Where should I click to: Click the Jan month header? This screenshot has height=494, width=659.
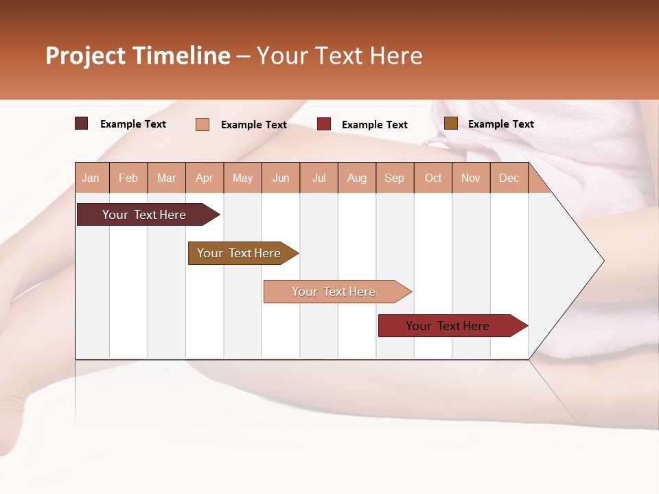tap(91, 178)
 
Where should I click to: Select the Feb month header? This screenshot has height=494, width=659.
tap(128, 178)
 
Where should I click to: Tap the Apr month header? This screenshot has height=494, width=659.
tap(204, 178)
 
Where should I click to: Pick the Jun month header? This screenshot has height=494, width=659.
tap(281, 178)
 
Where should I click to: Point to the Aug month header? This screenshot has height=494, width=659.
tap(356, 178)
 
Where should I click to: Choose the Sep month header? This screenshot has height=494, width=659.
tap(394, 178)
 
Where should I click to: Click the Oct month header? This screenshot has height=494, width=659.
tap(433, 178)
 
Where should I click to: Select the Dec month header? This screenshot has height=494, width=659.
tap(509, 178)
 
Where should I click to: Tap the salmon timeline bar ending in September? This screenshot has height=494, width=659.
tap(334, 292)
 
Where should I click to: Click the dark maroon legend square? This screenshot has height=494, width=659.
tap(82, 123)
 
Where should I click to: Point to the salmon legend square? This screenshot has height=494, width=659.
tap(203, 124)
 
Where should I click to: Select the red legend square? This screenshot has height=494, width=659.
tap(324, 124)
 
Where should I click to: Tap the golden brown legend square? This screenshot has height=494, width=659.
tap(451, 123)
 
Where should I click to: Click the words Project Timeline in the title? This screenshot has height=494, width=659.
tap(137, 56)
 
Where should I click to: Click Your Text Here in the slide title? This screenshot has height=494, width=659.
tap(339, 56)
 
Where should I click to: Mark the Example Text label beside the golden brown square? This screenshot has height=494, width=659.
tap(500, 124)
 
